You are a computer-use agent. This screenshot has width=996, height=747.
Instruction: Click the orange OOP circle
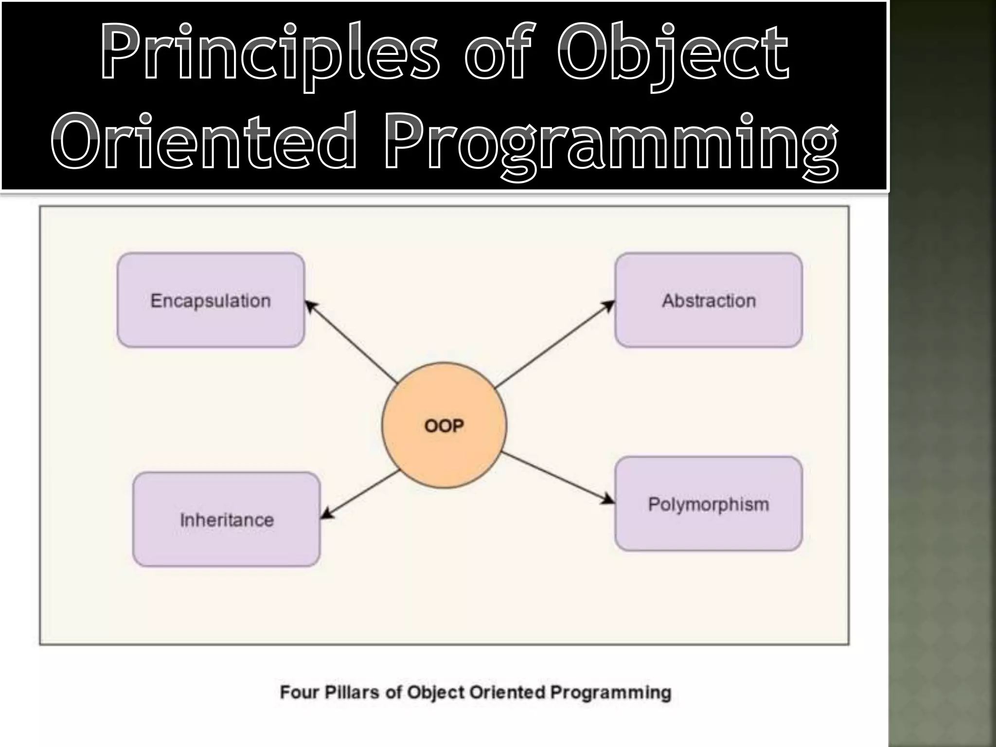click(444, 452)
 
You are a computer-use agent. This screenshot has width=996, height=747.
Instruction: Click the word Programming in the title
click(610, 144)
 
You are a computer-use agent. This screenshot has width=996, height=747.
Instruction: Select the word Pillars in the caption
click(352, 692)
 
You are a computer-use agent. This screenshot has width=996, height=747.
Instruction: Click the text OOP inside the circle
click(444, 426)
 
